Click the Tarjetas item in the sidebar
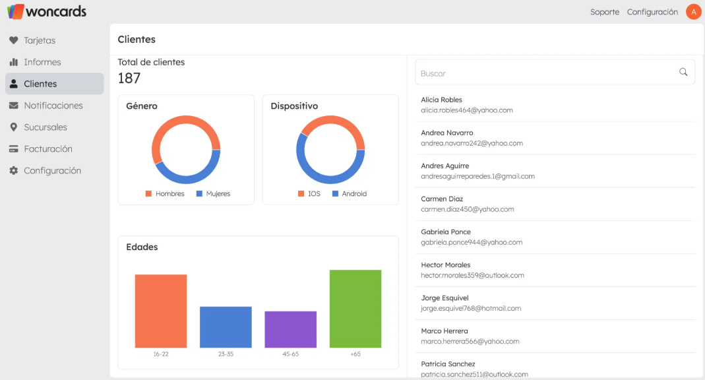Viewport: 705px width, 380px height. tap(40, 40)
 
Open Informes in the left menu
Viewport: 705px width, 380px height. tap(42, 62)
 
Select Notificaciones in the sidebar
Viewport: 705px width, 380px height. tap(53, 106)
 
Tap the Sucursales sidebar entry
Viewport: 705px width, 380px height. tap(45, 127)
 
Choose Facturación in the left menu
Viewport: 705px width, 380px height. tap(47, 149)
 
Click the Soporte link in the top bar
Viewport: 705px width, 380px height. tap(604, 12)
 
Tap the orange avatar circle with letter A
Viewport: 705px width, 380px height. tap(693, 12)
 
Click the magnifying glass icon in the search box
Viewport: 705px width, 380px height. tap(683, 72)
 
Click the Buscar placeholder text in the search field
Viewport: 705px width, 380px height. tap(433, 74)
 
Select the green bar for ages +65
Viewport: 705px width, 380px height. tap(355, 308)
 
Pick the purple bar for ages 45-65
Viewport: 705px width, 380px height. tap(290, 329)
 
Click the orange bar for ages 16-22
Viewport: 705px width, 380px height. tap(161, 310)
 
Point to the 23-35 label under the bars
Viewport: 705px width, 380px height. tap(226, 354)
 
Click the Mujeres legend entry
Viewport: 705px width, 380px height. tap(218, 194)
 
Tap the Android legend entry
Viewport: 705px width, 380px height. tap(353, 194)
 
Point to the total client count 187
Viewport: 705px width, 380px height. tap(129, 79)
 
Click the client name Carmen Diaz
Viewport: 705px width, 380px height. tap(442, 199)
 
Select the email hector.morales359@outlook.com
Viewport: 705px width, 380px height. tap(472, 275)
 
